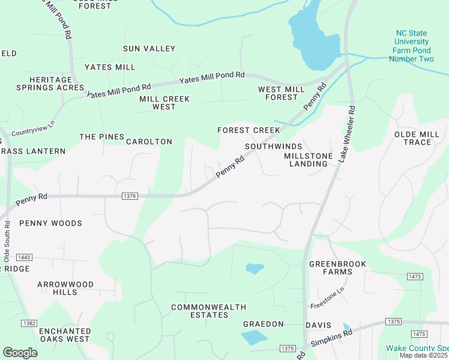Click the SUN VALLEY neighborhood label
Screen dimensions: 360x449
(x=149, y=49)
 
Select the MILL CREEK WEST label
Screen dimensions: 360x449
(x=164, y=103)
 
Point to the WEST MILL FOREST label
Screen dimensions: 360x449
(x=277, y=93)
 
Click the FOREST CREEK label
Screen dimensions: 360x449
(x=249, y=130)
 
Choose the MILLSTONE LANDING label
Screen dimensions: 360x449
(x=308, y=160)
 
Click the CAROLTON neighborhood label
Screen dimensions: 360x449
(x=149, y=142)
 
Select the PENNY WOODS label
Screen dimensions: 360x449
(x=50, y=223)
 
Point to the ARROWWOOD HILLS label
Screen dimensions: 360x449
(x=65, y=288)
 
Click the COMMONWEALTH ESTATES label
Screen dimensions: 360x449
(x=208, y=311)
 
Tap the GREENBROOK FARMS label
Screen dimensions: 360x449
(x=330, y=268)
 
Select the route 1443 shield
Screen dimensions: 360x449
(x=24, y=257)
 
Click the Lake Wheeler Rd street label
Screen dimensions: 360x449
(x=348, y=134)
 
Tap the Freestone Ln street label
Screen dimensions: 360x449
(x=327, y=299)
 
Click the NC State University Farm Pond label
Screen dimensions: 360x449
(x=411, y=46)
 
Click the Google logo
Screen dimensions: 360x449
(x=20, y=352)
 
